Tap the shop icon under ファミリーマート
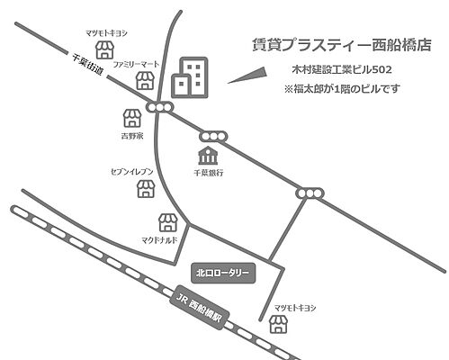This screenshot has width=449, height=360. pos(144,82)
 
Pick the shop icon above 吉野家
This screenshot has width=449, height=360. pos(132,117)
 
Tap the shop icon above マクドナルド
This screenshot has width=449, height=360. pos(166,221)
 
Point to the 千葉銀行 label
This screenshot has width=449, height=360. pos(209,170)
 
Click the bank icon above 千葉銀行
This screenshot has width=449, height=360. pos(208,152)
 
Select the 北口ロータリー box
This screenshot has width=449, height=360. pos(225,272)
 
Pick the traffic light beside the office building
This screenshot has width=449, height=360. pos(162,108)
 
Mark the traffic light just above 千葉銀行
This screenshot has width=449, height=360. pos(214,134)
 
